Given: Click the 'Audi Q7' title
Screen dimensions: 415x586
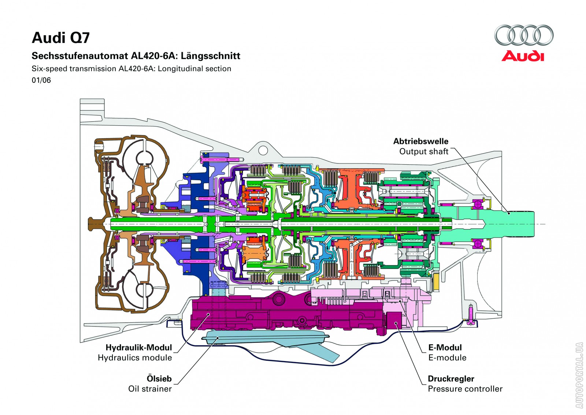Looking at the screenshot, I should point(61,38).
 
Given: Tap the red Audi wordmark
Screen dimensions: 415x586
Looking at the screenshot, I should point(523,56).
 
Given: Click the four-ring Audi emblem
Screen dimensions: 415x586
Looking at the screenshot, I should point(524,35).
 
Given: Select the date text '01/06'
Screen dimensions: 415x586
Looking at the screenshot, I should point(41,80).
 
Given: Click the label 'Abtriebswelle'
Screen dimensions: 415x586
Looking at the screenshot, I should point(420,141).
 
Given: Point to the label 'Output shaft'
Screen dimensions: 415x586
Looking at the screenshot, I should point(423,151).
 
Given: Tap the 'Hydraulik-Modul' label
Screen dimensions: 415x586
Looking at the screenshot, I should point(138,347).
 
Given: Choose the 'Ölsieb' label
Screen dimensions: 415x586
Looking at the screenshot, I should point(159,378).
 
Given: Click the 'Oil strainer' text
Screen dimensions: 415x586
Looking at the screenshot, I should point(150,389).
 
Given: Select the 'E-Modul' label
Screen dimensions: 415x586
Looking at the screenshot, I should point(445,347).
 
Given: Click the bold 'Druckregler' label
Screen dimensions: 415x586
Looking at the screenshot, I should point(451,378).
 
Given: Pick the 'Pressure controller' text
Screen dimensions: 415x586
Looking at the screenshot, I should point(465,389).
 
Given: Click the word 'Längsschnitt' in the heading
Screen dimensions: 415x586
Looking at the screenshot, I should point(211,56).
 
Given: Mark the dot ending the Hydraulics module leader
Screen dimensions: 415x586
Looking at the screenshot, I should point(208,314).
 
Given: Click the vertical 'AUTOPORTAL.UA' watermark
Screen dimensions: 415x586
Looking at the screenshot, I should point(579,375).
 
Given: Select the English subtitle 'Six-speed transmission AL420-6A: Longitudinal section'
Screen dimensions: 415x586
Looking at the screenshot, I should point(131,69).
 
